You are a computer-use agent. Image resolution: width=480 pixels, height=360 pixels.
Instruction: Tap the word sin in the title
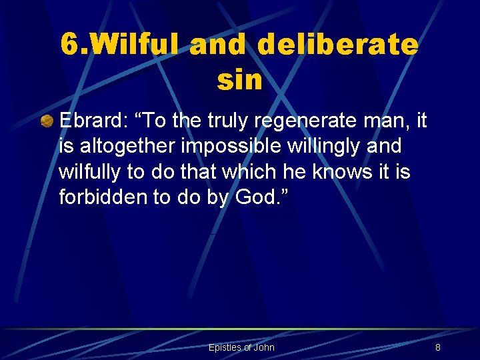(239, 80)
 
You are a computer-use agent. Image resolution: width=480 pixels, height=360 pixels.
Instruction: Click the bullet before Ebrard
(47, 122)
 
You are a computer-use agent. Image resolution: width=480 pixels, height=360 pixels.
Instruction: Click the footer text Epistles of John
(241, 347)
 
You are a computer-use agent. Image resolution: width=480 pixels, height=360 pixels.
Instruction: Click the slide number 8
(437, 347)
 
